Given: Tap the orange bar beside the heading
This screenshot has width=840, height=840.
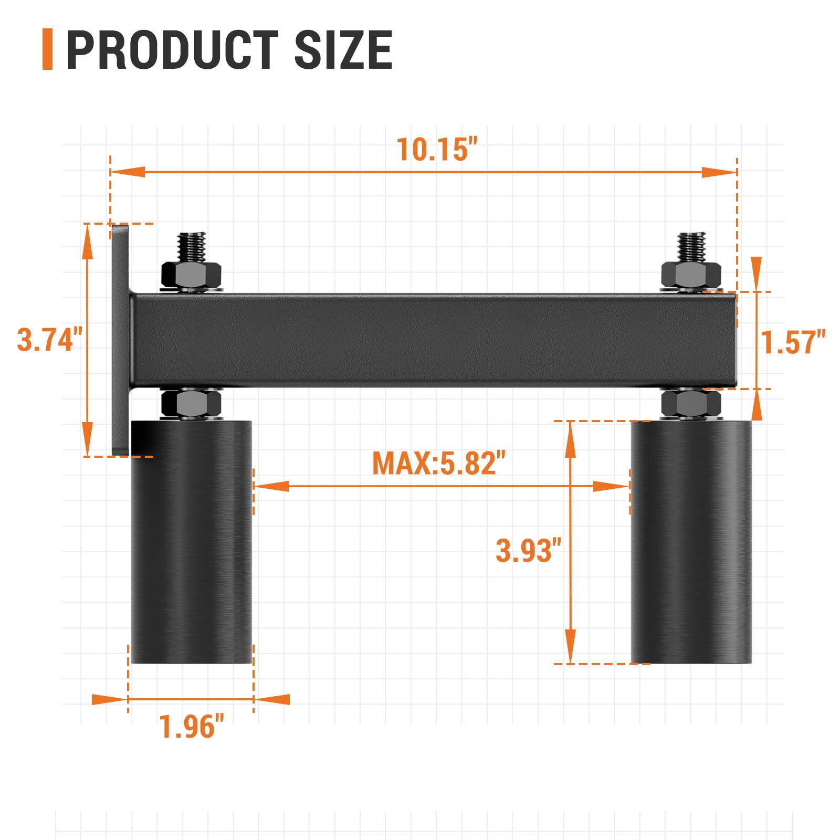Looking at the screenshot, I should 47,49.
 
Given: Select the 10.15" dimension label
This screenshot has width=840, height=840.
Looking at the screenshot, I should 437,150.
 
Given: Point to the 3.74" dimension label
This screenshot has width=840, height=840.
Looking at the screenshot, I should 50,340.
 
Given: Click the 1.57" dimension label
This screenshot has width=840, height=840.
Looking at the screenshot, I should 793,342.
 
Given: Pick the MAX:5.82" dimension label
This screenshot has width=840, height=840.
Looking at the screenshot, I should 438,464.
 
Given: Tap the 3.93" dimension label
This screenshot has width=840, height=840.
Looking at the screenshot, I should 528,551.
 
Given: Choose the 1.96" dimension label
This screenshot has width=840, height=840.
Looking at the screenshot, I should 192,727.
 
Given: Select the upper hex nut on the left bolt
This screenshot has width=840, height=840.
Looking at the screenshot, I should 191,274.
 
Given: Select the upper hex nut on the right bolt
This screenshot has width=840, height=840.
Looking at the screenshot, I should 690,274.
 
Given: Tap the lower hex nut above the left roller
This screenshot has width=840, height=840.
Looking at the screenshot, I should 191,403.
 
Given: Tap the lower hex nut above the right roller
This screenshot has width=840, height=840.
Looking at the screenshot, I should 690,403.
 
